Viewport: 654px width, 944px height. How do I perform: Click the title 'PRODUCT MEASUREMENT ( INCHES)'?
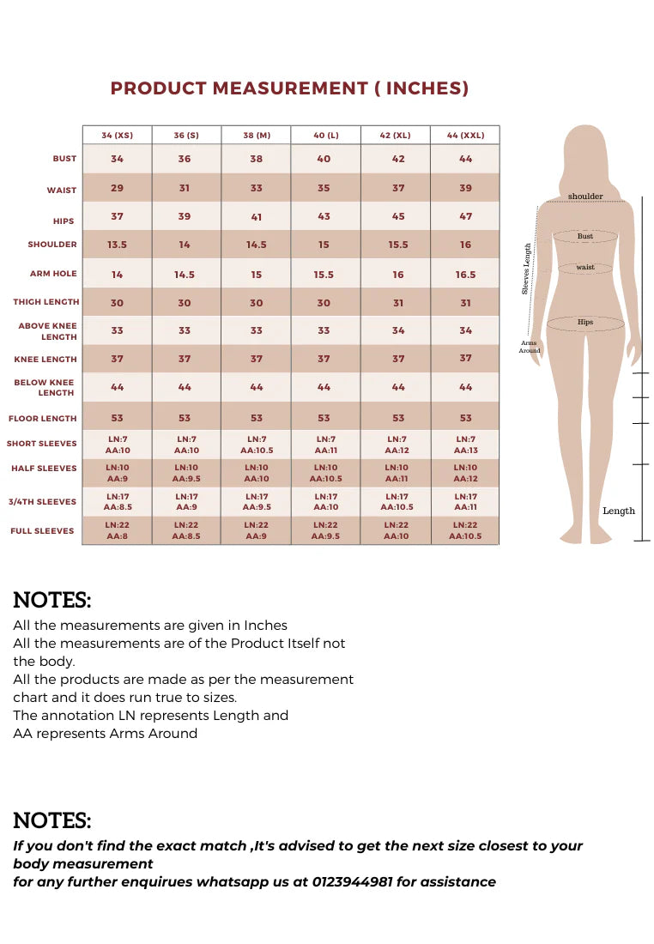pos(289,88)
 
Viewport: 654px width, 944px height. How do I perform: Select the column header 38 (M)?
pos(256,136)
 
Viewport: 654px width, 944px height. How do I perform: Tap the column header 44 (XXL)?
pos(465,136)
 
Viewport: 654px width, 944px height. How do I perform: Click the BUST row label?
pos(64,159)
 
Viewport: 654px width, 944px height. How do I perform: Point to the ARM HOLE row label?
pos(53,274)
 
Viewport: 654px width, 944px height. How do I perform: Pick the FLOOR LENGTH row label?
pos(43,419)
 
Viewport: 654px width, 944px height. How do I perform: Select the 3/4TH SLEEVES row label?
pos(44,502)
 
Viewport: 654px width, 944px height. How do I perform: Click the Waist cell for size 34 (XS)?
pos(117,188)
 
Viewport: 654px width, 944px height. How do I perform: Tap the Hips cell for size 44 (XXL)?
pos(465,216)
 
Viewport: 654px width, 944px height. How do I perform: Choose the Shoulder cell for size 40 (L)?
pos(324,245)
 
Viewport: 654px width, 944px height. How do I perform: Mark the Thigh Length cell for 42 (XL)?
pos(398,303)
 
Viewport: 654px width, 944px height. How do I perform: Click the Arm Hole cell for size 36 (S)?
pos(185,275)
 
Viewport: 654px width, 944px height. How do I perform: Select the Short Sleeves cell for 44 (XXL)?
pos(465,445)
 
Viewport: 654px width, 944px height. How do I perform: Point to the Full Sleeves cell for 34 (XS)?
pos(117,530)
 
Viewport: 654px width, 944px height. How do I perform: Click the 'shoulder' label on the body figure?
pos(585,197)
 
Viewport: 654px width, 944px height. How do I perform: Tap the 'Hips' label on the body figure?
pos(585,323)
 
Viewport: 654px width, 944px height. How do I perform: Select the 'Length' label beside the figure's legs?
pos(619,511)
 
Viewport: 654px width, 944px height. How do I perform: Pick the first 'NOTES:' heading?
pos(52,600)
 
